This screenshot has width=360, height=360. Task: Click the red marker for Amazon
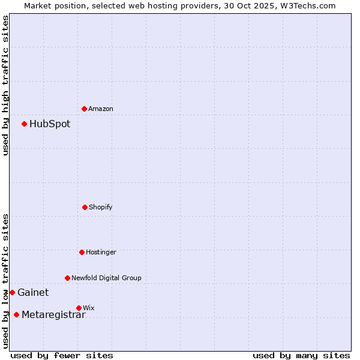point(84,109)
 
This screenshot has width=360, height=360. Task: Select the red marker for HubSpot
point(25,124)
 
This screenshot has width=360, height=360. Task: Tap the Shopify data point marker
point(85,207)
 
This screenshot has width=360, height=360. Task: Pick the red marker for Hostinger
point(82,252)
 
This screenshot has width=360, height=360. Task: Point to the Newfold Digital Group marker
point(67,278)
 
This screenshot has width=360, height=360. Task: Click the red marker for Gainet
point(12,293)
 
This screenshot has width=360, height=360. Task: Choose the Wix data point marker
point(79,308)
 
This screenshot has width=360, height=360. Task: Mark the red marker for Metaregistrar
point(16,315)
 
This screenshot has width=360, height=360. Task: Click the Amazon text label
point(101,109)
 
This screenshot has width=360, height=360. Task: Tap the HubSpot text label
point(50,124)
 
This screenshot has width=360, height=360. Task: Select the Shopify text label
point(101,207)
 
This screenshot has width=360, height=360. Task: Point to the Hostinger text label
point(101,252)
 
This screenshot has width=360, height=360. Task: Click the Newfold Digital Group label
point(106,278)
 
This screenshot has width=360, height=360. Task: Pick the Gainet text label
point(33,293)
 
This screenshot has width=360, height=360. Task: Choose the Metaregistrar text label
point(53,315)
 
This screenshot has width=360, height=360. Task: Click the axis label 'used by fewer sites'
point(62,355)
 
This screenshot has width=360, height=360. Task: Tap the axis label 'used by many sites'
point(301,355)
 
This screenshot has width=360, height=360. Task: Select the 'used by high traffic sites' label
point(5,85)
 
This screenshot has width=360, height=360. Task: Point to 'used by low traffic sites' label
point(5,280)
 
